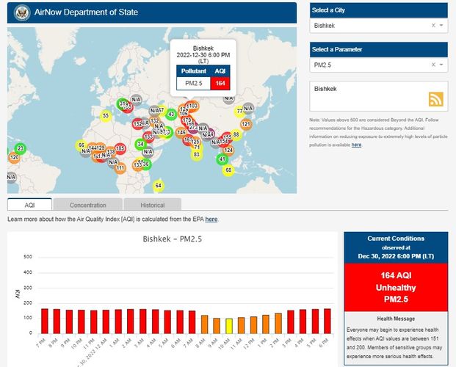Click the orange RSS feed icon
tap(436, 100)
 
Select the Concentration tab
tap(88, 205)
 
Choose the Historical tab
tap(153, 205)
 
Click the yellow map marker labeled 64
tap(158, 186)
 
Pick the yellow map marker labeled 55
tap(106, 115)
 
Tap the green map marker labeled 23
tap(20, 148)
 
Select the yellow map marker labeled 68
tap(228, 170)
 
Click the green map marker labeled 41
tap(222, 159)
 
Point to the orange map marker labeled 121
tap(247, 125)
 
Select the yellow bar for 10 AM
tap(229, 326)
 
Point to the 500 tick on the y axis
tap(27, 256)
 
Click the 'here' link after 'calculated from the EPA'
tap(211, 219)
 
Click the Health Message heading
tap(395, 318)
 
